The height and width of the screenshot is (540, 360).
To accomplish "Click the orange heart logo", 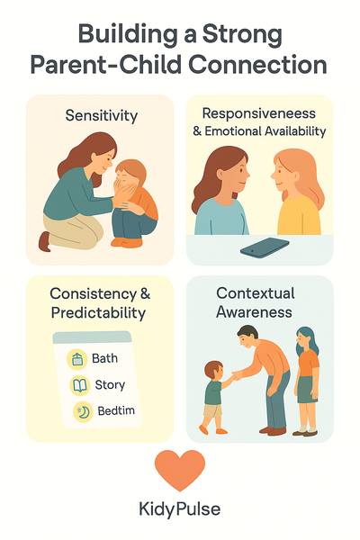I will pos(180,470).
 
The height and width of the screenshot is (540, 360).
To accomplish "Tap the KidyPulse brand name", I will pos(180,508).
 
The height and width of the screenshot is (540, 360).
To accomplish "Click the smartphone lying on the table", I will pos(265,247).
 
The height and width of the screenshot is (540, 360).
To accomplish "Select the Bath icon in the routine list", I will pos(77,359).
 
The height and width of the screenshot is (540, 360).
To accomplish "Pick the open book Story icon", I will pos(79,385).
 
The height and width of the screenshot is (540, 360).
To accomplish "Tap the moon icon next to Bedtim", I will pos(83,412).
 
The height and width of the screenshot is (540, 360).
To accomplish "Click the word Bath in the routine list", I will pos(104,359).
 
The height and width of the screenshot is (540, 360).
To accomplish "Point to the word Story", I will pos(110,385).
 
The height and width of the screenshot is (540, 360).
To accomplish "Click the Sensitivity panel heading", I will pos(100,115).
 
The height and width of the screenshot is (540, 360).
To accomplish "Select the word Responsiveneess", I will pos(258,114).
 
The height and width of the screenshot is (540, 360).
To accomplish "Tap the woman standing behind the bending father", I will pos(307,378).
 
